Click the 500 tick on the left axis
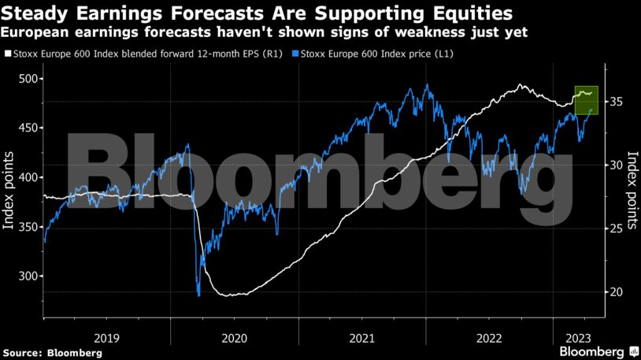tap(28, 79)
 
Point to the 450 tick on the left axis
tap(28, 128)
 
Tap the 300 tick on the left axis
tap(28, 276)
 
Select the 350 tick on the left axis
tap(28, 227)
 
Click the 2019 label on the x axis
tap(106, 337)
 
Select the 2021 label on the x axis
tap(361, 337)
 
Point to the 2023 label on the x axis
tap(569, 337)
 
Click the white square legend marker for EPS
tap(7, 54)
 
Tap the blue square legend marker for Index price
tap(294, 54)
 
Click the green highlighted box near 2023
tap(587, 99)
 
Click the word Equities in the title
tap(471, 13)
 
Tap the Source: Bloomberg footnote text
tap(52, 353)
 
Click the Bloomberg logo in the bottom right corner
tap(597, 351)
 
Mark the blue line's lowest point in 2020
tap(198, 295)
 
